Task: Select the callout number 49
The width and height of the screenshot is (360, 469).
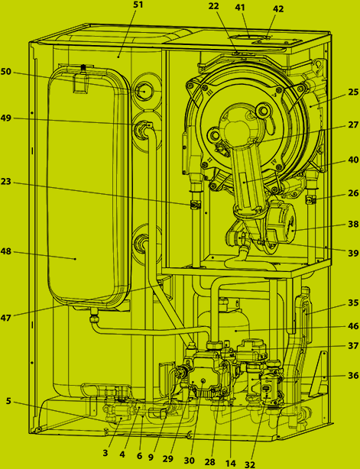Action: click(x=7, y=119)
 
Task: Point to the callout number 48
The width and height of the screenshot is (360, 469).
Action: click(x=7, y=251)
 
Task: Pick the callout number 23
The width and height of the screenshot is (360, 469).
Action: click(x=7, y=183)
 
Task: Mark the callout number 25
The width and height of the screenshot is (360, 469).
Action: click(x=353, y=92)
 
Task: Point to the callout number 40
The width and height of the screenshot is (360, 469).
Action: click(x=353, y=160)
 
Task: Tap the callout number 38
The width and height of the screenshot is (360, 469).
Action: click(x=353, y=225)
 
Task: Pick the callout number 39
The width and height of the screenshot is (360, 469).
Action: click(x=353, y=252)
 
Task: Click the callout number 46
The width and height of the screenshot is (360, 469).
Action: click(x=353, y=325)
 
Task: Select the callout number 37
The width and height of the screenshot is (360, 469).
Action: click(x=353, y=346)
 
